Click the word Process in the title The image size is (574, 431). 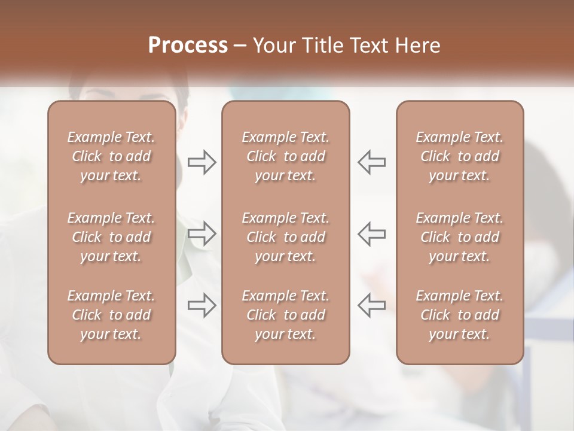click(x=188, y=45)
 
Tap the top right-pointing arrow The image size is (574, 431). click(x=201, y=162)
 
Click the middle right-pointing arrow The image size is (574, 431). click(x=201, y=233)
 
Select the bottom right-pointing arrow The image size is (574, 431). click(x=201, y=305)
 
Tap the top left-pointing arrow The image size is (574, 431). click(x=372, y=162)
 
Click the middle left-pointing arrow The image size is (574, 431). click(x=372, y=233)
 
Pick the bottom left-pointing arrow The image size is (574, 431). click(x=372, y=305)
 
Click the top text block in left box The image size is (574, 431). click(x=111, y=156)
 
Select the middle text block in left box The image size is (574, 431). click(x=111, y=237)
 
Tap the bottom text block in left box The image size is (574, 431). click(x=111, y=315)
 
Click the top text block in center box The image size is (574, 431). click(x=286, y=156)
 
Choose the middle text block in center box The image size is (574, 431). click(x=286, y=237)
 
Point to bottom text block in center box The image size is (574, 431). click(x=286, y=315)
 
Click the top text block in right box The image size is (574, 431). click(x=460, y=156)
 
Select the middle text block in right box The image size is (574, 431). click(x=460, y=237)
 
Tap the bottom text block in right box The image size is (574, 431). click(x=460, y=315)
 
